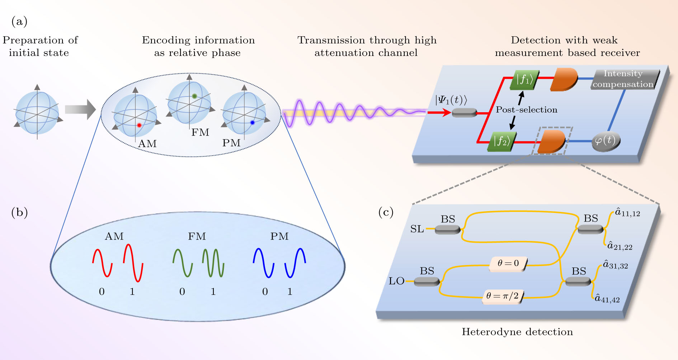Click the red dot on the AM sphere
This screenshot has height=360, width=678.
click(x=139, y=125)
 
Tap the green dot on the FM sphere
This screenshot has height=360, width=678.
click(x=194, y=96)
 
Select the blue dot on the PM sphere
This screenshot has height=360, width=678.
click(x=252, y=123)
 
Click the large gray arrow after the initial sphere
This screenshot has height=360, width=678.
click(x=80, y=109)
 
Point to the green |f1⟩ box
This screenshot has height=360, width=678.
click(x=524, y=80)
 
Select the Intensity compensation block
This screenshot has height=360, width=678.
click(x=623, y=79)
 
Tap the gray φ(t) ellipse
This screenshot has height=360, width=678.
click(x=606, y=141)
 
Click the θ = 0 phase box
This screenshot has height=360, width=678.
click(x=508, y=264)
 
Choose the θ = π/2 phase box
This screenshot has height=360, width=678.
click(x=502, y=296)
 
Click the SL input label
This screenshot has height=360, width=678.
click(x=417, y=229)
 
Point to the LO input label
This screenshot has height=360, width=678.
click(x=396, y=281)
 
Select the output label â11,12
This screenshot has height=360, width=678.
click(x=627, y=213)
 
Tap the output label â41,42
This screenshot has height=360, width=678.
click(x=607, y=299)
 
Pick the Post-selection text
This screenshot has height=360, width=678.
click(x=526, y=110)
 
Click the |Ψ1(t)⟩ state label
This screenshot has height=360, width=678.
click(x=451, y=100)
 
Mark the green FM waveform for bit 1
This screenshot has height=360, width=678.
click(x=213, y=263)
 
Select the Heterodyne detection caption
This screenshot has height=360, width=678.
click(x=517, y=332)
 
